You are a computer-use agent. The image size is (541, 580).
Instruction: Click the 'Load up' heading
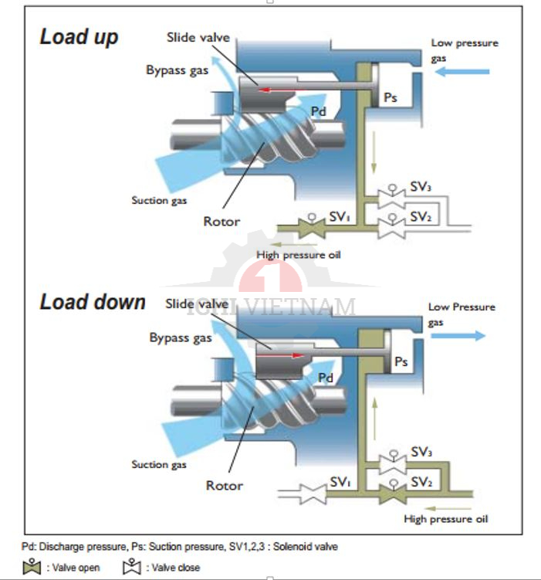[x=79, y=36]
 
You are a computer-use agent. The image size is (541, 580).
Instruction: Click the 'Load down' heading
[x=93, y=302]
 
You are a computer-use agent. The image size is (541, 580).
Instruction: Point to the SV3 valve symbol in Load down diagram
[x=391, y=460]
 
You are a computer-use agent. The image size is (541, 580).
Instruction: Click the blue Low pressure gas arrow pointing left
[x=462, y=72]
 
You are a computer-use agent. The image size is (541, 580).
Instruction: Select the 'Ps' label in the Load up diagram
[x=391, y=99]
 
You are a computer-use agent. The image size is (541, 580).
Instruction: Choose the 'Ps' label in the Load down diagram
[x=401, y=361]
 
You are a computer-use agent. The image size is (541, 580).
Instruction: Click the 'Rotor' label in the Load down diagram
[x=225, y=486]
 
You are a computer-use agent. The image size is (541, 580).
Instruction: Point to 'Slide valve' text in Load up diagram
[x=198, y=37]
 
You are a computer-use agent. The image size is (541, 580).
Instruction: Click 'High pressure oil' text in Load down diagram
[x=446, y=519]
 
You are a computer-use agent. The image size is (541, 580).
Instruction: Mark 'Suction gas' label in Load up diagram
[x=160, y=201]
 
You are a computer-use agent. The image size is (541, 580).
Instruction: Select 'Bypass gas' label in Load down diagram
[x=181, y=337]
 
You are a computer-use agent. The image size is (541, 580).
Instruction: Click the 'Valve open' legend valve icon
[x=32, y=568]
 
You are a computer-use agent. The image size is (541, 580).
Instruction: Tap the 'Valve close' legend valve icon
[x=132, y=568]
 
